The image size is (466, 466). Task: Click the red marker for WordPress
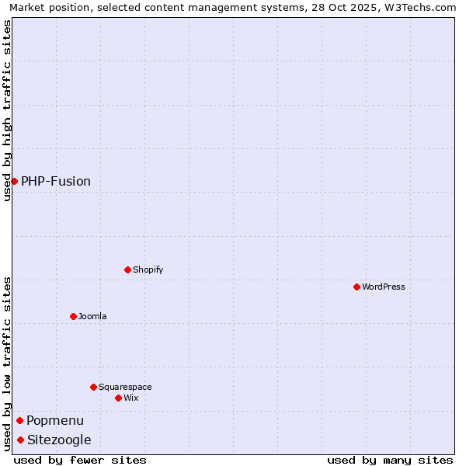(x=356, y=287)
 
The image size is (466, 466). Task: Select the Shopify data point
(x=127, y=270)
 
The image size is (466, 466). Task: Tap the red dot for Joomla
(x=73, y=316)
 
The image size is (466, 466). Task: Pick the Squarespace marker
(x=93, y=387)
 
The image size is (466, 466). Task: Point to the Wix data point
(x=118, y=398)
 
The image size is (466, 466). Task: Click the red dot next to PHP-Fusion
(x=14, y=181)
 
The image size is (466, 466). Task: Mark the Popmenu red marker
(x=19, y=420)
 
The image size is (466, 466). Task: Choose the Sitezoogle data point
(x=20, y=440)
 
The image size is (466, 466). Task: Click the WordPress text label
(x=384, y=287)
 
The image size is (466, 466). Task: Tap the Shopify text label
(x=148, y=270)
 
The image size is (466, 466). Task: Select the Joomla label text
(x=92, y=316)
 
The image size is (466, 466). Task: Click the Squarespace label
(x=125, y=387)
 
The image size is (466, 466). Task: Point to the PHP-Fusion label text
(x=56, y=181)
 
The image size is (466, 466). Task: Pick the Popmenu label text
(x=55, y=420)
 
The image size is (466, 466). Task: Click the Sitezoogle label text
(x=59, y=440)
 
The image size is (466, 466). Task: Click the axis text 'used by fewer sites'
(x=80, y=460)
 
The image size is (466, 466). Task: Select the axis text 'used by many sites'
(x=390, y=460)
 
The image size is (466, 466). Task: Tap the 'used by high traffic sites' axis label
(x=7, y=110)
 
